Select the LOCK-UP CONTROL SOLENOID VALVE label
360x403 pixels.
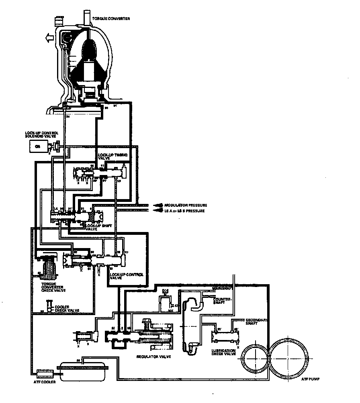click(41, 134)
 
